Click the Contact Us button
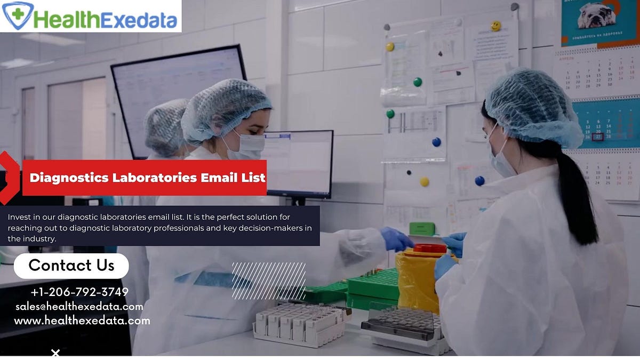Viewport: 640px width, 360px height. point(71,266)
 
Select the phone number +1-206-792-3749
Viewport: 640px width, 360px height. point(79,292)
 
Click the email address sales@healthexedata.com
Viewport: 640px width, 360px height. point(79,307)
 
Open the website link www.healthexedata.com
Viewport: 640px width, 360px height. point(82,321)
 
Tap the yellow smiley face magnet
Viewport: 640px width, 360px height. point(496,26)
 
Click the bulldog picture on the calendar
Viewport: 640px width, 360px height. point(596,16)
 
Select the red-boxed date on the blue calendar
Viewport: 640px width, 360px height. point(598,137)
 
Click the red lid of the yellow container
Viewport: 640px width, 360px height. point(430,248)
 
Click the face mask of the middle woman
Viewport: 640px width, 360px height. point(246,146)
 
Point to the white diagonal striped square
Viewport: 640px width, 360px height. point(269,281)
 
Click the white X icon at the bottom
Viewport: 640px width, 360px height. point(55,353)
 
